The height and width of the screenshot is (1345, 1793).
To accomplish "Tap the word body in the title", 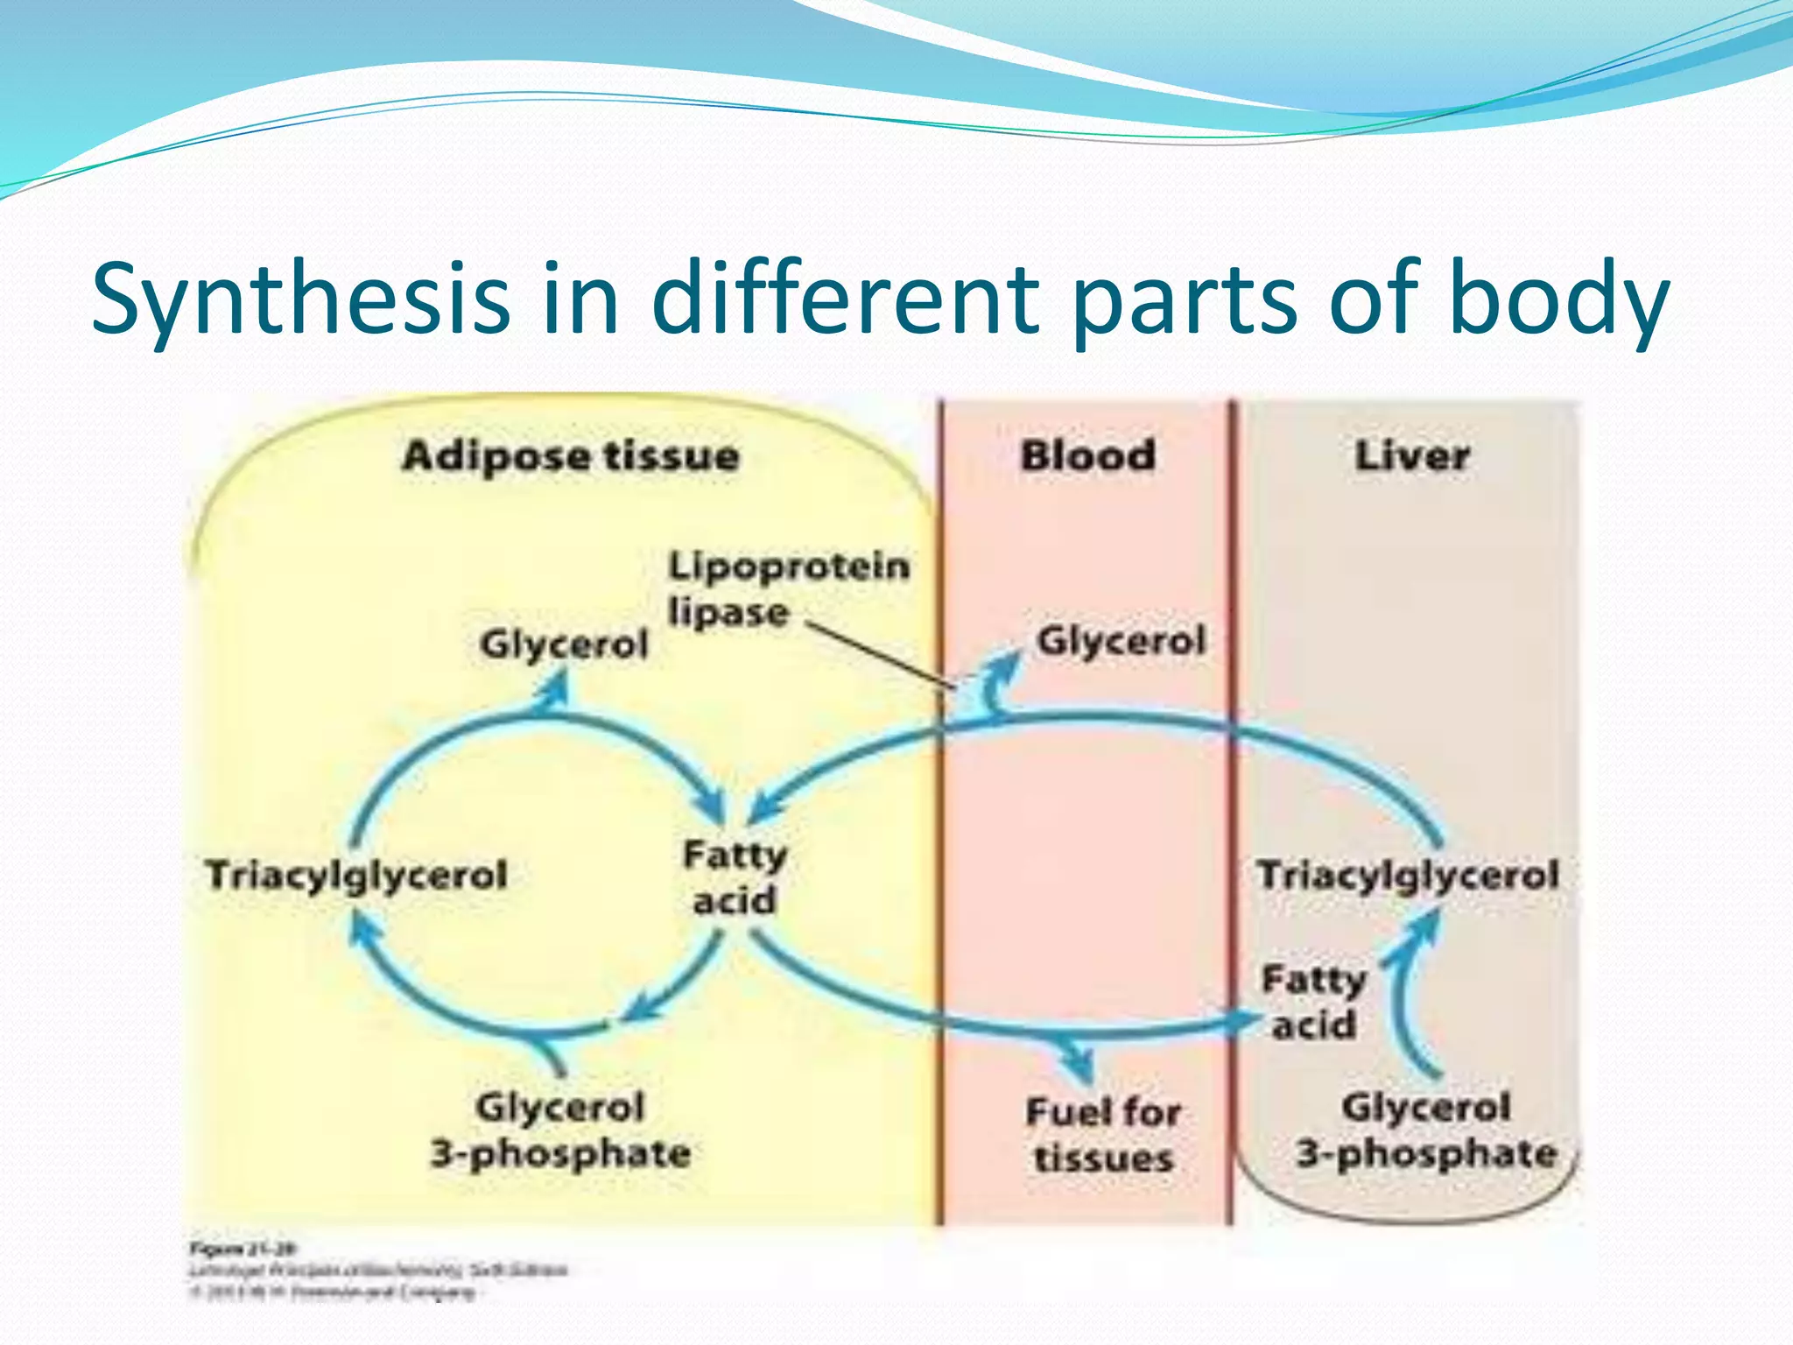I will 1558,298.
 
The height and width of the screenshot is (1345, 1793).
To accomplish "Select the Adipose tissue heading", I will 571,457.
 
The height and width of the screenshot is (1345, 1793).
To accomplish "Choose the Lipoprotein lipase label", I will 788,588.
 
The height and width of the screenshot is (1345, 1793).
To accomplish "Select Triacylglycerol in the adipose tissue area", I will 356,875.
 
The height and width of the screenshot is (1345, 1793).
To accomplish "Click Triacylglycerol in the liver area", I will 1408,875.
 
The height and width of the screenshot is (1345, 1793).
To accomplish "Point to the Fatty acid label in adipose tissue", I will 735,877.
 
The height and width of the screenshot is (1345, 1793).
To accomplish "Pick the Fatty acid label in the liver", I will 1313,1002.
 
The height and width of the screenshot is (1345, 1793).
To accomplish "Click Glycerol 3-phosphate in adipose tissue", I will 560,1130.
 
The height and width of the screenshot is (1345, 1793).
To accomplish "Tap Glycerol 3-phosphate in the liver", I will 1426,1130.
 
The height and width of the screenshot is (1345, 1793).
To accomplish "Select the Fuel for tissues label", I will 1103,1135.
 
